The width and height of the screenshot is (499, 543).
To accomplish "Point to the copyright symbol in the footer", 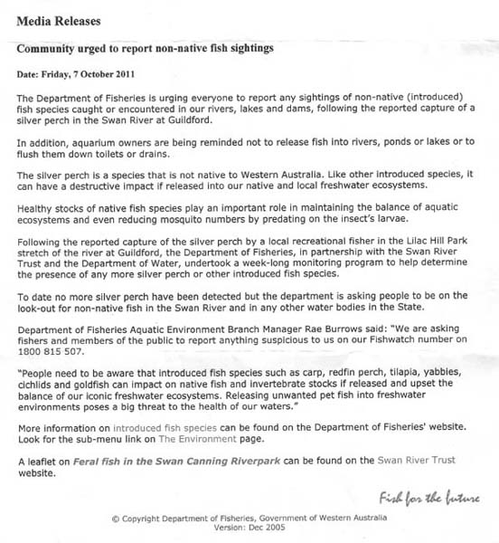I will (x=115, y=519).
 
